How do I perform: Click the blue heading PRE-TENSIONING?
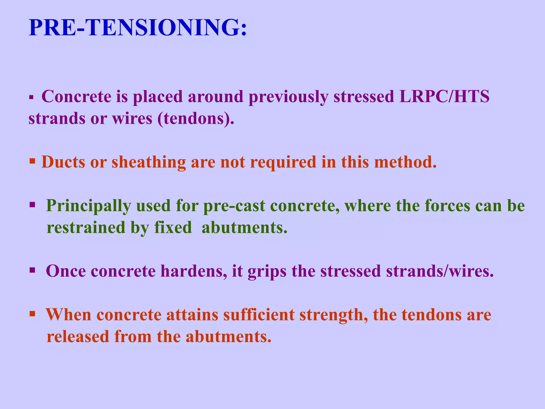click(x=138, y=28)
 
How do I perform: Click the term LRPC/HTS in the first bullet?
click(x=444, y=96)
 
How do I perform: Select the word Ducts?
click(x=63, y=162)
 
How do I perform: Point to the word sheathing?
click(x=148, y=162)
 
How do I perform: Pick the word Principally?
click(x=88, y=206)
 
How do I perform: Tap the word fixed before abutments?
click(x=173, y=228)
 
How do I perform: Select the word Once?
click(x=66, y=271)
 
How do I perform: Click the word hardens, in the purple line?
click(x=193, y=271)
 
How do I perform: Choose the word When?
click(x=68, y=315)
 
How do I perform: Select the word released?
click(x=78, y=337)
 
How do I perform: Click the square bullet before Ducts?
click(x=32, y=161)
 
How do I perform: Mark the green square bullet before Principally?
click(x=32, y=205)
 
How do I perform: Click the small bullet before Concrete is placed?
click(x=31, y=97)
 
